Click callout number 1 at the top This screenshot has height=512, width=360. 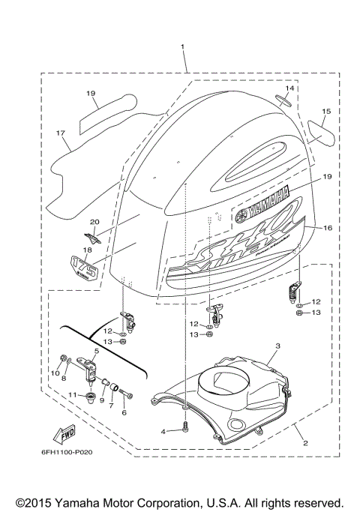tap(182, 47)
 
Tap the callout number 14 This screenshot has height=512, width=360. tap(289, 88)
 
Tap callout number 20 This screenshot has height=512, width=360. tap(94, 222)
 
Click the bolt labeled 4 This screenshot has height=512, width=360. tap(185, 430)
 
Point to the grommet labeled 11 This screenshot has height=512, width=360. tap(95, 395)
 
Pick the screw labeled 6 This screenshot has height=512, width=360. tap(130, 393)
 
